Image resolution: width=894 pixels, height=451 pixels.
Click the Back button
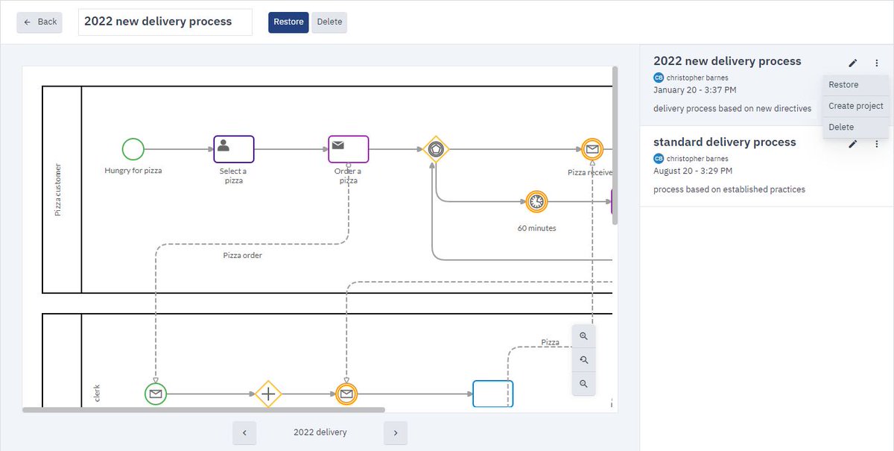click(x=40, y=22)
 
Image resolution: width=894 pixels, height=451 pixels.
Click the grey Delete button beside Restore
click(x=329, y=22)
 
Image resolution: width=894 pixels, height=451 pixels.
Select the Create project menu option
click(x=855, y=106)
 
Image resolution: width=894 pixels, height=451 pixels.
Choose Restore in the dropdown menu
click(x=843, y=85)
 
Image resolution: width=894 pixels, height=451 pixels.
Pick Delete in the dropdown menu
click(x=841, y=127)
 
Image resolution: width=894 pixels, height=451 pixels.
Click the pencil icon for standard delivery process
click(x=853, y=144)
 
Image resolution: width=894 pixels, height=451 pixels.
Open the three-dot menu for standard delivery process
click(x=877, y=144)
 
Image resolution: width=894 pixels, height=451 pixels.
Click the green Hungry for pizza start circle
click(x=133, y=149)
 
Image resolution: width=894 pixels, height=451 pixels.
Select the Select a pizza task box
click(x=234, y=149)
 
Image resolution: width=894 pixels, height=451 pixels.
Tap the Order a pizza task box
click(x=349, y=149)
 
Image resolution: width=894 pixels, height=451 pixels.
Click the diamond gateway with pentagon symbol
click(x=436, y=149)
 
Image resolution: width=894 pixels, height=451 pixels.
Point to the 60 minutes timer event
click(x=536, y=202)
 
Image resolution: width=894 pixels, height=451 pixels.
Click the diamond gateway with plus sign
click(x=268, y=394)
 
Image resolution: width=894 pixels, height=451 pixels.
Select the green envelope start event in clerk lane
click(x=156, y=394)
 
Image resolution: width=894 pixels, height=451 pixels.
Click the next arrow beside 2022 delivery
click(x=396, y=432)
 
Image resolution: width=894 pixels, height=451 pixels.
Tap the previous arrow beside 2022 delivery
click(x=244, y=432)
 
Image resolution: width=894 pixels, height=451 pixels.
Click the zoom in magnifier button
click(x=583, y=336)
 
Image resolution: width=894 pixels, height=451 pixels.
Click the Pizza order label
click(x=243, y=256)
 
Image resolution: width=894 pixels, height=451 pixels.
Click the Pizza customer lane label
click(x=58, y=190)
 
